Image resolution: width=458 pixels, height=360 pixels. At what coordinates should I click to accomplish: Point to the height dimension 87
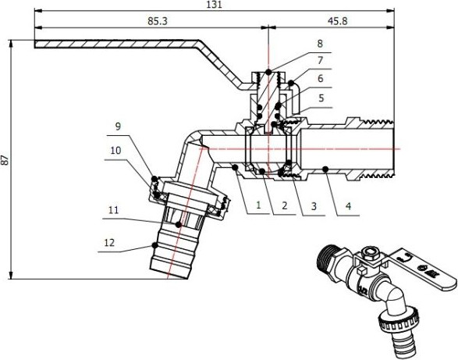coord(6,159)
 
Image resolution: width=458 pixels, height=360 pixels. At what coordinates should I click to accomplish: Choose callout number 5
coord(320,99)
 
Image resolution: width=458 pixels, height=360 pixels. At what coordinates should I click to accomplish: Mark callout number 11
coord(115,209)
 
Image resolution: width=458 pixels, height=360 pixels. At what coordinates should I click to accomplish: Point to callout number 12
coord(110,243)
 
